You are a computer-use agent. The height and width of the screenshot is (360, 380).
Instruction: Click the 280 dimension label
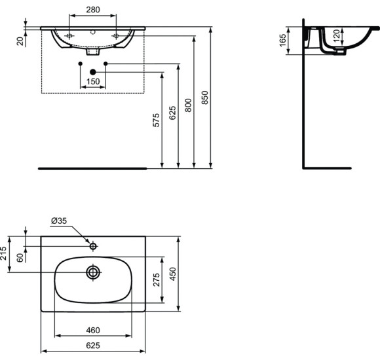click(92, 10)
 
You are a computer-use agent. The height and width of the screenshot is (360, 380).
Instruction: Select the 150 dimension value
click(92, 82)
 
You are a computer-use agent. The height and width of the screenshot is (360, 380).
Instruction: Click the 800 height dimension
click(189, 105)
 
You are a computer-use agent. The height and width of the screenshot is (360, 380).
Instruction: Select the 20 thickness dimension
click(20, 41)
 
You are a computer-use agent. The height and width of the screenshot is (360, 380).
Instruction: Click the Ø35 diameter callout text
click(59, 221)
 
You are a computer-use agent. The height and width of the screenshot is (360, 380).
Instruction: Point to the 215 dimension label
click(4, 253)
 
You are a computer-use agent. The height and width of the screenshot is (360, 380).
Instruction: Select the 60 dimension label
click(20, 258)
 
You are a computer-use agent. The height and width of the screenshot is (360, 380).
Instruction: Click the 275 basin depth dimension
click(156, 280)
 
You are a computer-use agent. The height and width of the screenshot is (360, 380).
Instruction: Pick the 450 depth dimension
click(173, 273)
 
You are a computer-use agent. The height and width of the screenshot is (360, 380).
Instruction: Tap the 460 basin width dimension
click(92, 330)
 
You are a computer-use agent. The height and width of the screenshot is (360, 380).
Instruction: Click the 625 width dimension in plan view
click(92, 346)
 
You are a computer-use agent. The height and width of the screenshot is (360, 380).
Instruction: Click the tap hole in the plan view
click(93, 246)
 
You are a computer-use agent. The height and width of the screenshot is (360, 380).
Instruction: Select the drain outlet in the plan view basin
click(93, 272)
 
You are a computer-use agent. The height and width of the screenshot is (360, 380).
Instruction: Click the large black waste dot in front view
click(93, 71)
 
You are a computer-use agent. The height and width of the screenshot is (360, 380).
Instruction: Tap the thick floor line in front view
click(92, 168)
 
